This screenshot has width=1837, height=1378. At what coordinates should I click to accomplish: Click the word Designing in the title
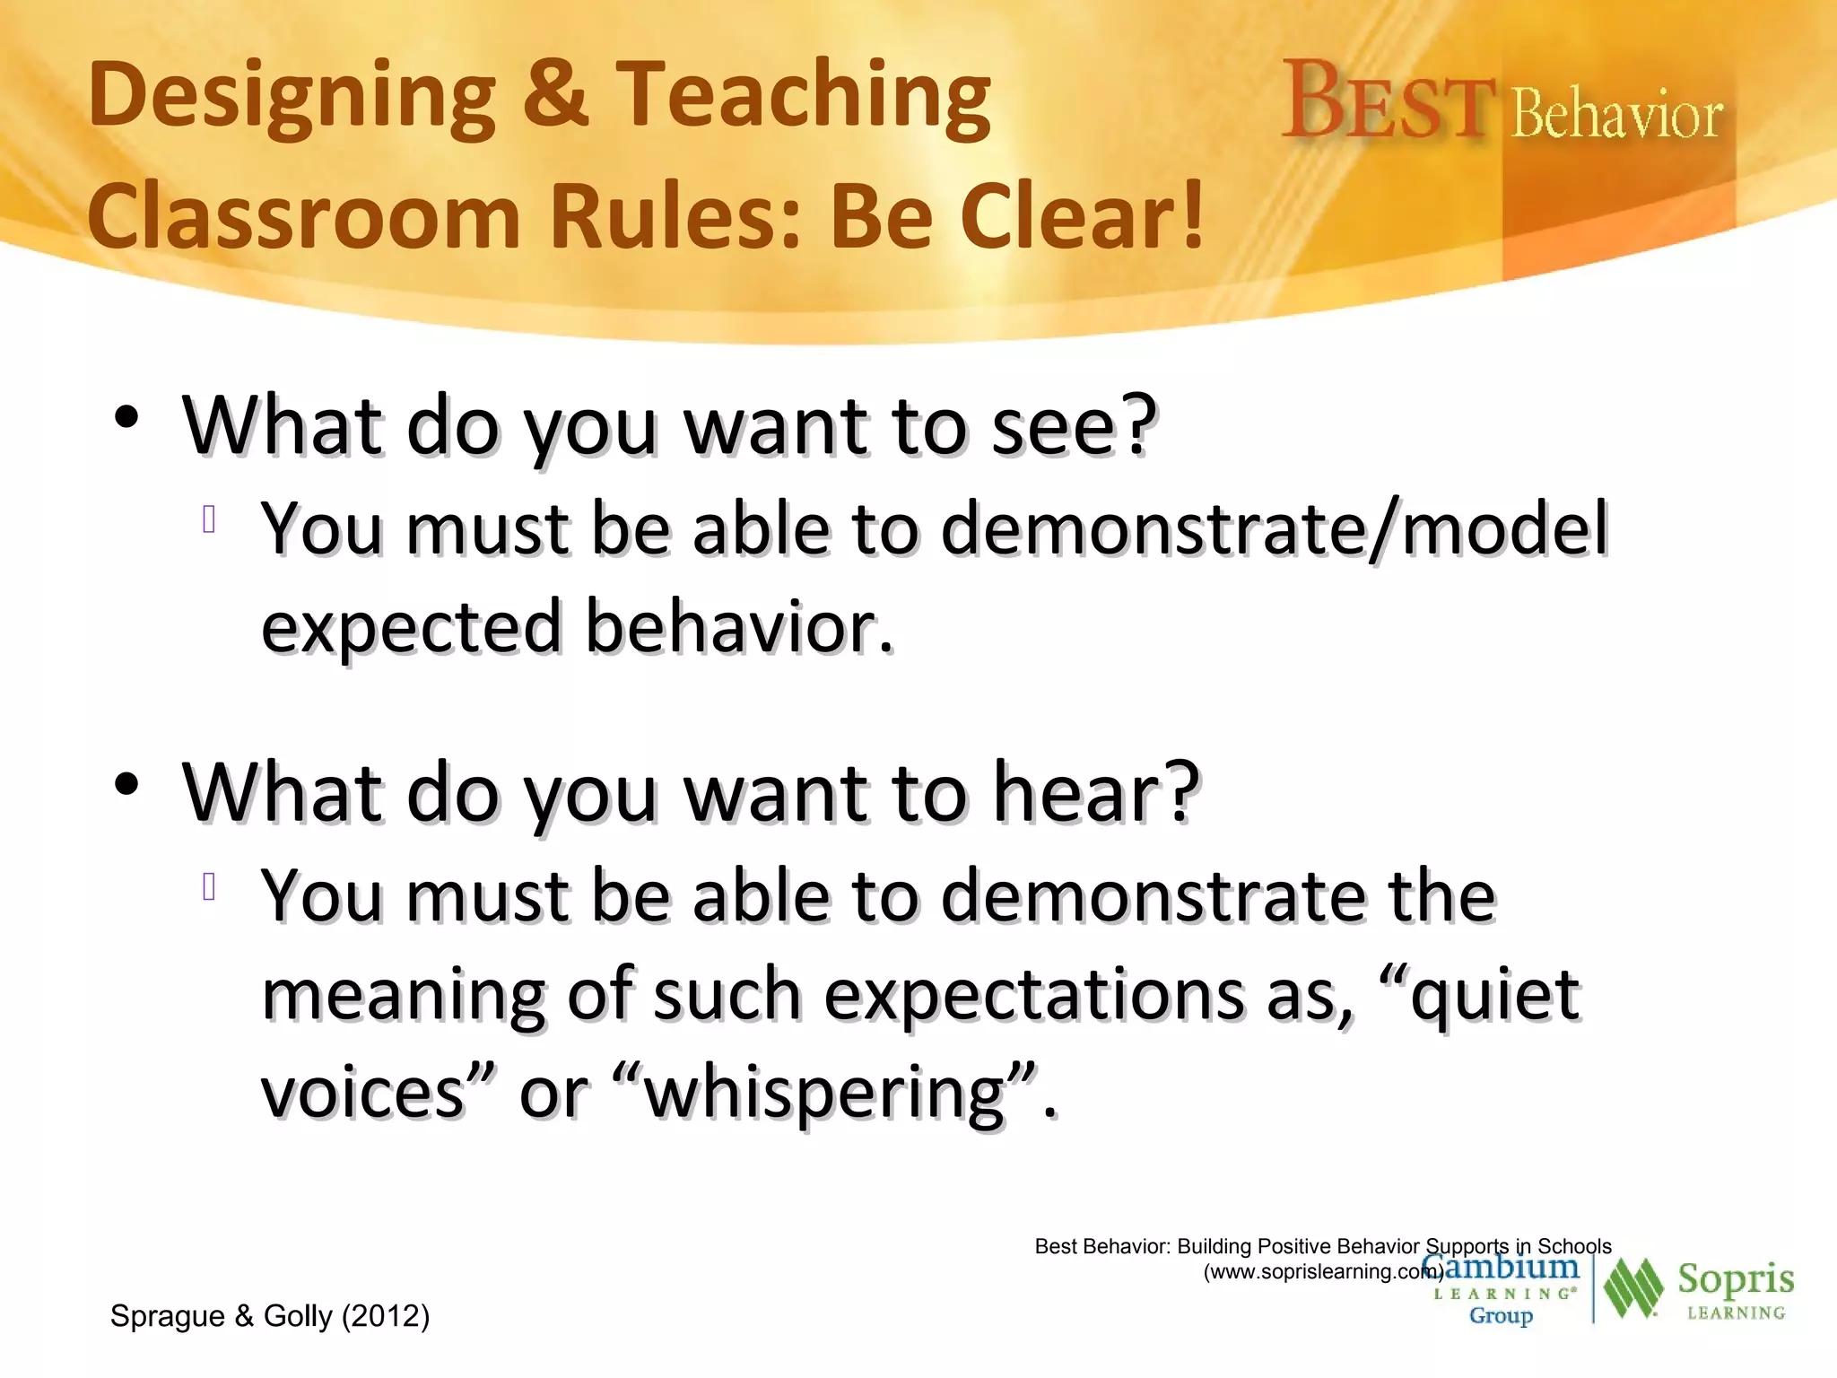292,97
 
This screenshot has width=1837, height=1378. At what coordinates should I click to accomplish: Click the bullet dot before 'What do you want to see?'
126,417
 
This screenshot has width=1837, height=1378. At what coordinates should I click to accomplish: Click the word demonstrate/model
1275,529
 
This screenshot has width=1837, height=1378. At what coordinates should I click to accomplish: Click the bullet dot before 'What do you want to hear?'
126,783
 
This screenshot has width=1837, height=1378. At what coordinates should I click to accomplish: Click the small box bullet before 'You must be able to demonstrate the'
210,886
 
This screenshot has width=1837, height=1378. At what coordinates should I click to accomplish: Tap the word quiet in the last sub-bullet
1494,995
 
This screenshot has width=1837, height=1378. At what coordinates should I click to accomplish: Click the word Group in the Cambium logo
1501,1316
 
